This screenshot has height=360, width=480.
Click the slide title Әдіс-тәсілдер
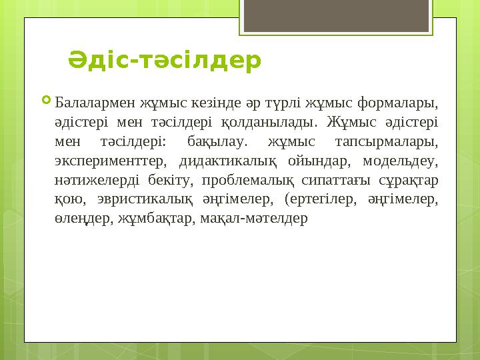pos(165,61)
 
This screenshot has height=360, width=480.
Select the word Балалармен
pos(95,104)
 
